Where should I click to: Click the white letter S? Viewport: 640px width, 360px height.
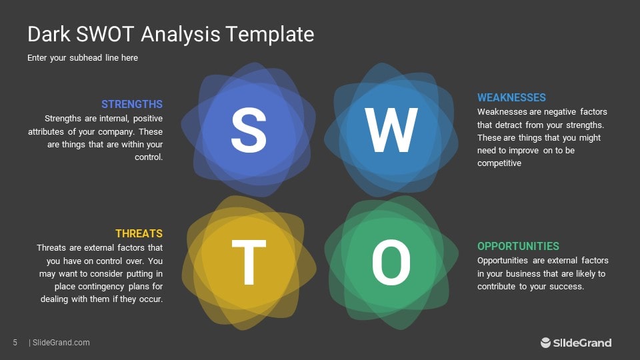248,131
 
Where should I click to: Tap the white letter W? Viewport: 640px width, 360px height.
391,131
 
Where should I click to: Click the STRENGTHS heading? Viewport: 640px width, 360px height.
132,104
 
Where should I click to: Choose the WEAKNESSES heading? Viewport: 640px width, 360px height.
511,98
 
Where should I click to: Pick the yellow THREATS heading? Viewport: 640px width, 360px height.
139,233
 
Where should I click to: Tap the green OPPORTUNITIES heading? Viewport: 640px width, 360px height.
518,246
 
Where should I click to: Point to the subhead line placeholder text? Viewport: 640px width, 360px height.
83,58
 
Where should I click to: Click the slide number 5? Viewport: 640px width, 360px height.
15,343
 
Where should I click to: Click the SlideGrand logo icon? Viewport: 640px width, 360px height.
545,343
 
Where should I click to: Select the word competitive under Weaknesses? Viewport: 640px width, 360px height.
499,163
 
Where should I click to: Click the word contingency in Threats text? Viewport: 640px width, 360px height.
111,286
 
